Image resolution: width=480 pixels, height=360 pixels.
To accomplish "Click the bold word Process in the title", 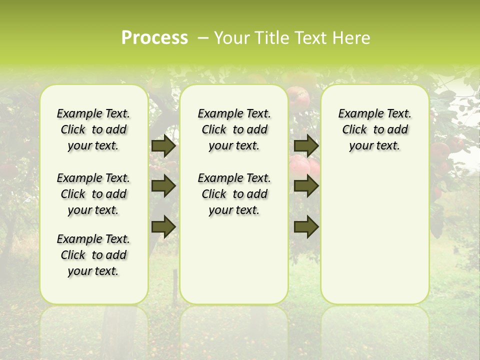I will coord(154,37).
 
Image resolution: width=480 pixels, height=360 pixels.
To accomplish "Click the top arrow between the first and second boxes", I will coord(163,146).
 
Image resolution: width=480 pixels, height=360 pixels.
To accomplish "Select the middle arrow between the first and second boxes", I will coord(163,186).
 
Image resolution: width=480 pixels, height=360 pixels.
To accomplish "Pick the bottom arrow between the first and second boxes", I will coord(163,226).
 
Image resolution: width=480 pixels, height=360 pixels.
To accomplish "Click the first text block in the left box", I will coord(93,129).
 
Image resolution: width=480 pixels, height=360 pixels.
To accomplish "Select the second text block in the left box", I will coord(93,194).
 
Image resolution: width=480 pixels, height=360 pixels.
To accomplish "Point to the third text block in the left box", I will coord(93,255).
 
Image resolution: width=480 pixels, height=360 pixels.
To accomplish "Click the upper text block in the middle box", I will coord(234,129).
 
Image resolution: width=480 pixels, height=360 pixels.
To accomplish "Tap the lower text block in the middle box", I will coord(234,194).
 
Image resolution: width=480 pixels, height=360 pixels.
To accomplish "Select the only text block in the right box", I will coord(375,129).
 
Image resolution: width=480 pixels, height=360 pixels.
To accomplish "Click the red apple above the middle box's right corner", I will coord(298,95).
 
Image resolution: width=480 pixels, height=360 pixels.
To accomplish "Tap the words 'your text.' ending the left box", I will coord(93,271).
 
